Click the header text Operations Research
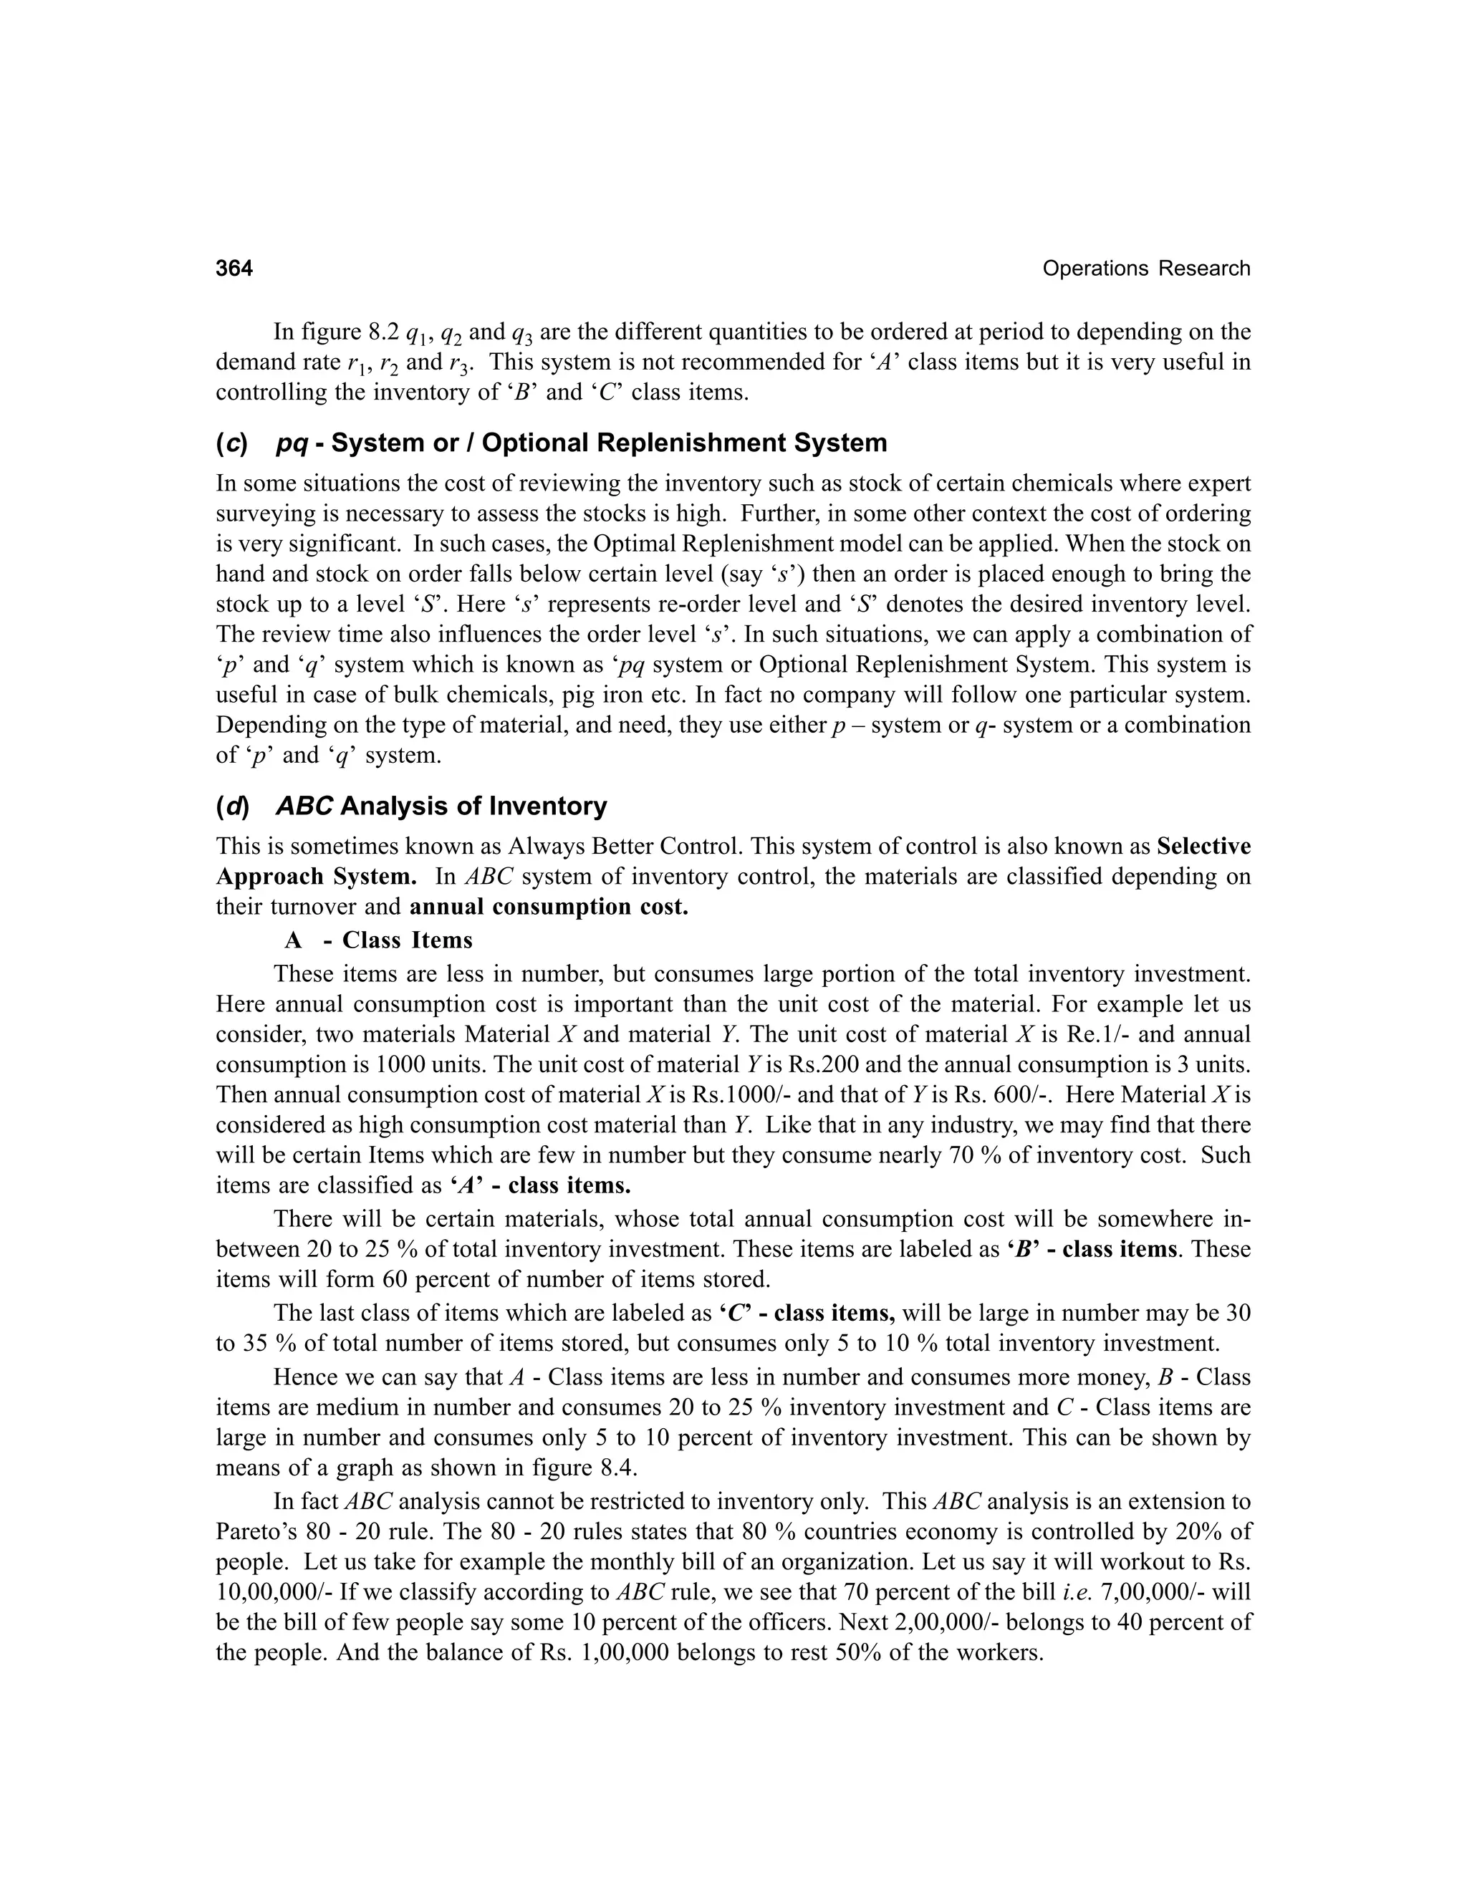[x=1145, y=269]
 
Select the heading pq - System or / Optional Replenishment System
[x=580, y=443]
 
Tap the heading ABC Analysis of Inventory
[x=441, y=806]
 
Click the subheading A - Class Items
[x=378, y=940]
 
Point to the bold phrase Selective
[x=1203, y=847]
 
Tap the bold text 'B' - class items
[x=1092, y=1250]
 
